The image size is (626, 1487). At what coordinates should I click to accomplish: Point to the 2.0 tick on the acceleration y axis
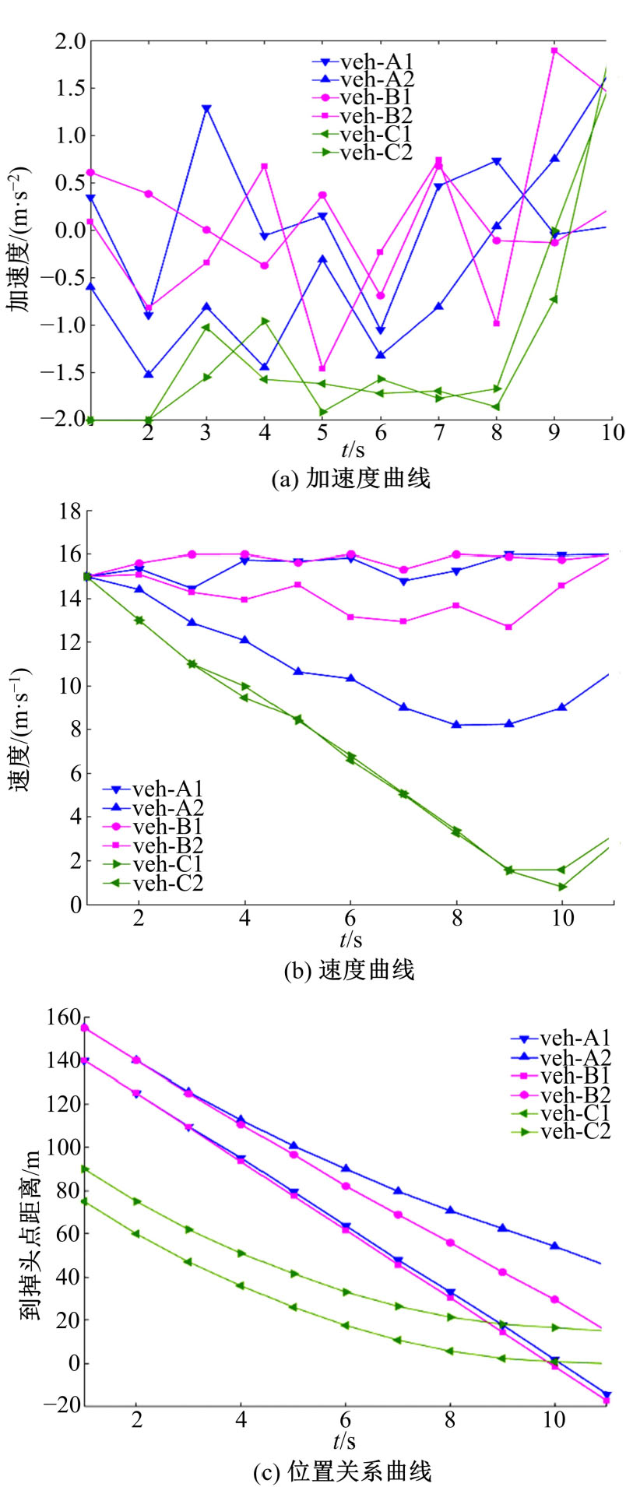(68, 41)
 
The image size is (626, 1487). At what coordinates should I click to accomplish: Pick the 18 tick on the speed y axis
(71, 511)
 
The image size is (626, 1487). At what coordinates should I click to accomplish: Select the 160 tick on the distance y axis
(64, 1018)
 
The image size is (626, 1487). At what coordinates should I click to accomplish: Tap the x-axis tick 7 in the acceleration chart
(439, 433)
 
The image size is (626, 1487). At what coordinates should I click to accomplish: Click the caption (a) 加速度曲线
(350, 478)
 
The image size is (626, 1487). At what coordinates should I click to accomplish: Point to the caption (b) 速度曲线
(350, 970)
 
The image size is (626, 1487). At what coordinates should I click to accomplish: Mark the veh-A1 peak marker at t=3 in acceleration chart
(206, 109)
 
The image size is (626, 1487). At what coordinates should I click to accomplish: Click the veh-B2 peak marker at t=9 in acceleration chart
(554, 51)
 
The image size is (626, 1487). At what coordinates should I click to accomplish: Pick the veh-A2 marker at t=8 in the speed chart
(456, 725)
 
